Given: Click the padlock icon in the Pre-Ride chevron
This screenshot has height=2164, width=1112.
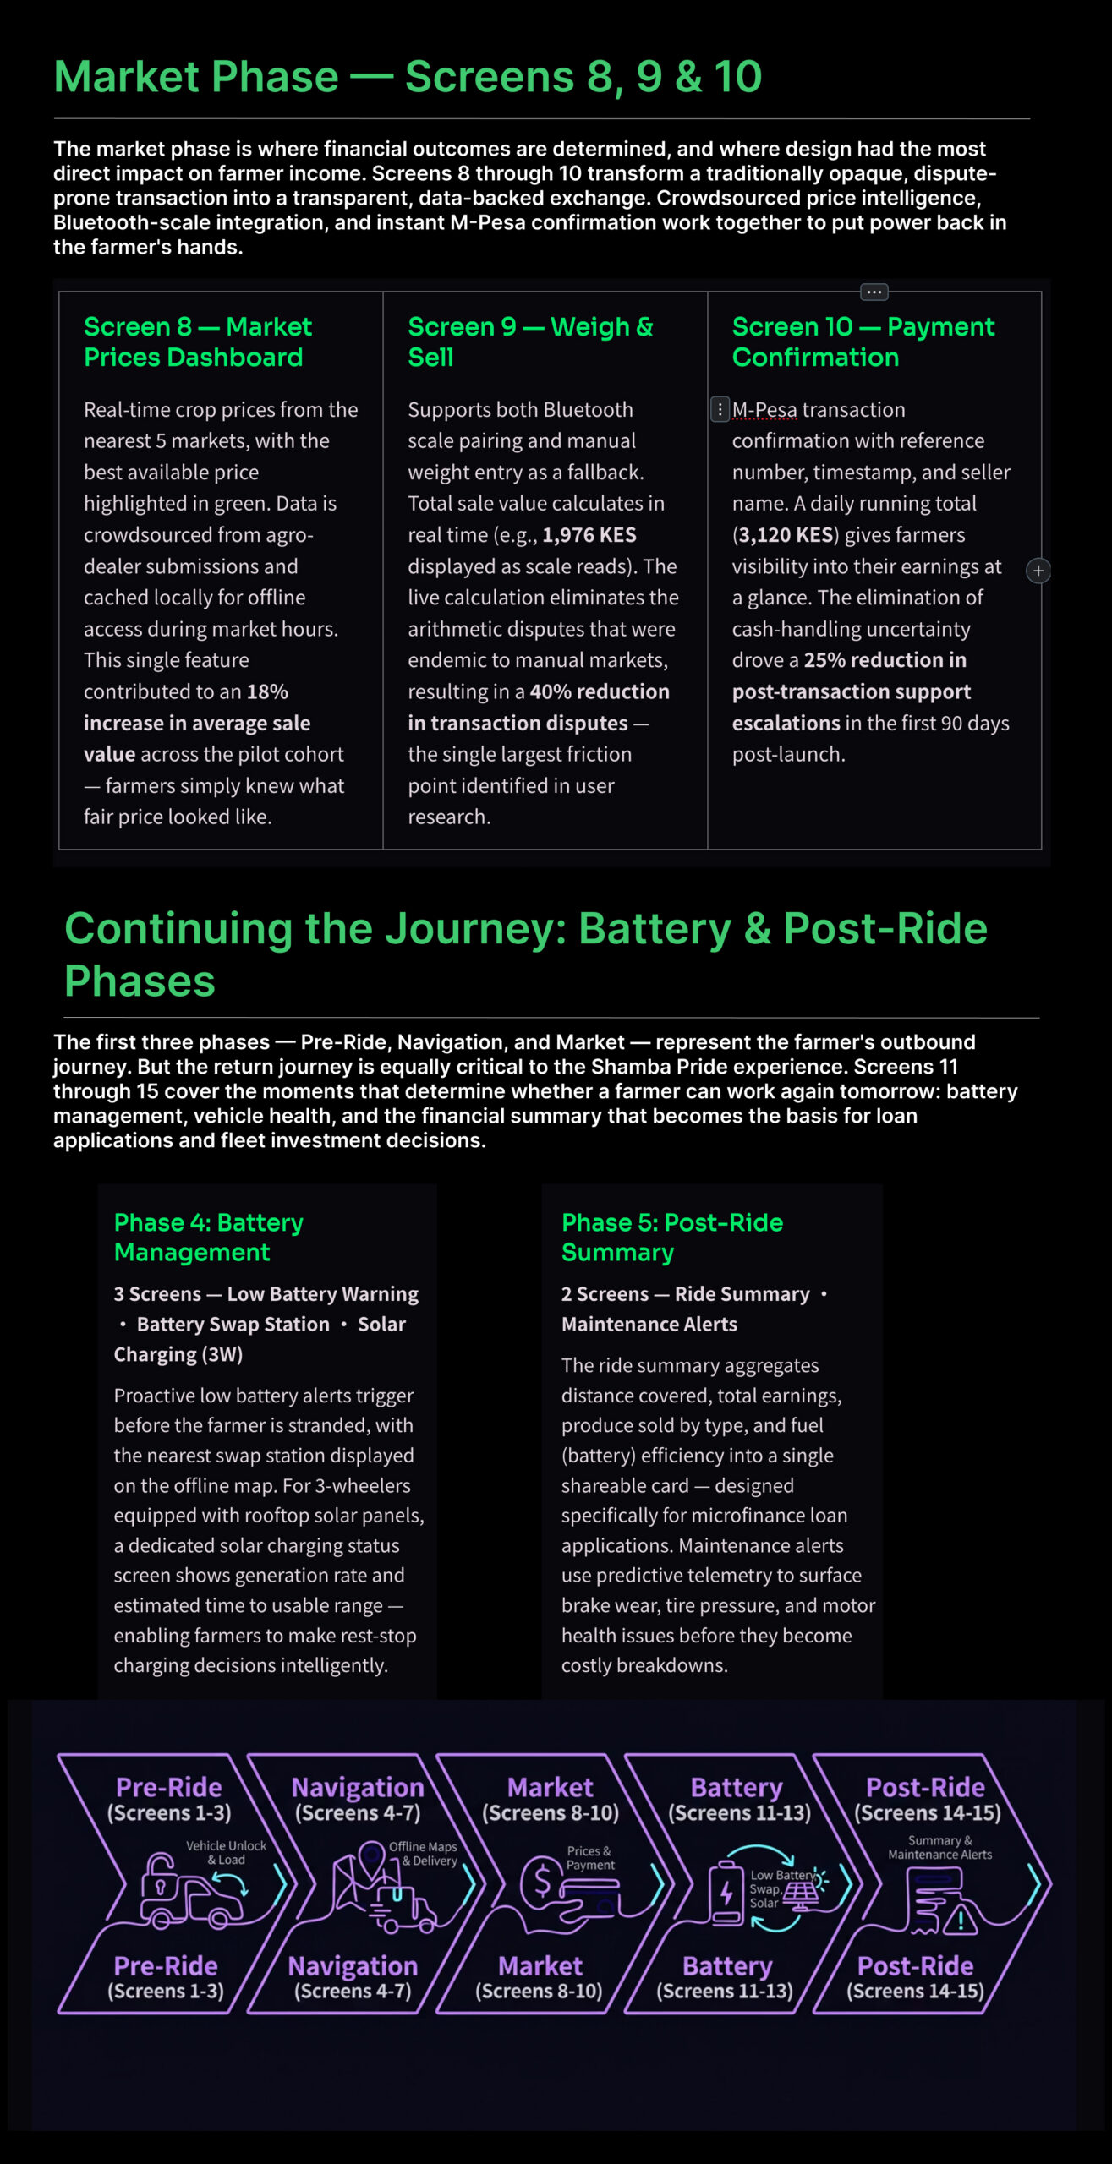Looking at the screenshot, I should pyautogui.click(x=159, y=1875).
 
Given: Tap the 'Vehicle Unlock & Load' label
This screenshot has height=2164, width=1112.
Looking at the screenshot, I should pyautogui.click(x=226, y=1852).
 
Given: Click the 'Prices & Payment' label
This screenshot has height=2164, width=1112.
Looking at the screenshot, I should pyautogui.click(x=589, y=1857).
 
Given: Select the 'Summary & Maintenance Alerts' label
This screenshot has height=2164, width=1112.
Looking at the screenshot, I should pyautogui.click(x=939, y=1847).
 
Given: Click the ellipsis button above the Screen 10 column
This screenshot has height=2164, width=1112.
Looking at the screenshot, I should pyautogui.click(x=874, y=292).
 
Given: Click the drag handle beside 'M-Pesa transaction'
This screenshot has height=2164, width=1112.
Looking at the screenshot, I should pyautogui.click(x=720, y=410).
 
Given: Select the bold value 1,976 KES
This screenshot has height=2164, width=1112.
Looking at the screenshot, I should pyautogui.click(x=589, y=535).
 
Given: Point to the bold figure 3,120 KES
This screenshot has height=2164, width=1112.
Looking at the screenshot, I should pyautogui.click(x=786, y=535).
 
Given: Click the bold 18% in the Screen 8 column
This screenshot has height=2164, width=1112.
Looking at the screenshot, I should pyautogui.click(x=267, y=691).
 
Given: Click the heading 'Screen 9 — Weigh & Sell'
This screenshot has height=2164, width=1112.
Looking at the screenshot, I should pyautogui.click(x=530, y=342).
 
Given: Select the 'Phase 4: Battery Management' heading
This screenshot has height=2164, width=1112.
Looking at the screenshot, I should pyautogui.click(x=208, y=1237).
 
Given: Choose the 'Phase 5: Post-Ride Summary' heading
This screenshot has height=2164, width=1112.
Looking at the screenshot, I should pyautogui.click(x=671, y=1237).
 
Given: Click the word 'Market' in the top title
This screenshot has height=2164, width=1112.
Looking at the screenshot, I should pyautogui.click(x=195, y=77).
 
